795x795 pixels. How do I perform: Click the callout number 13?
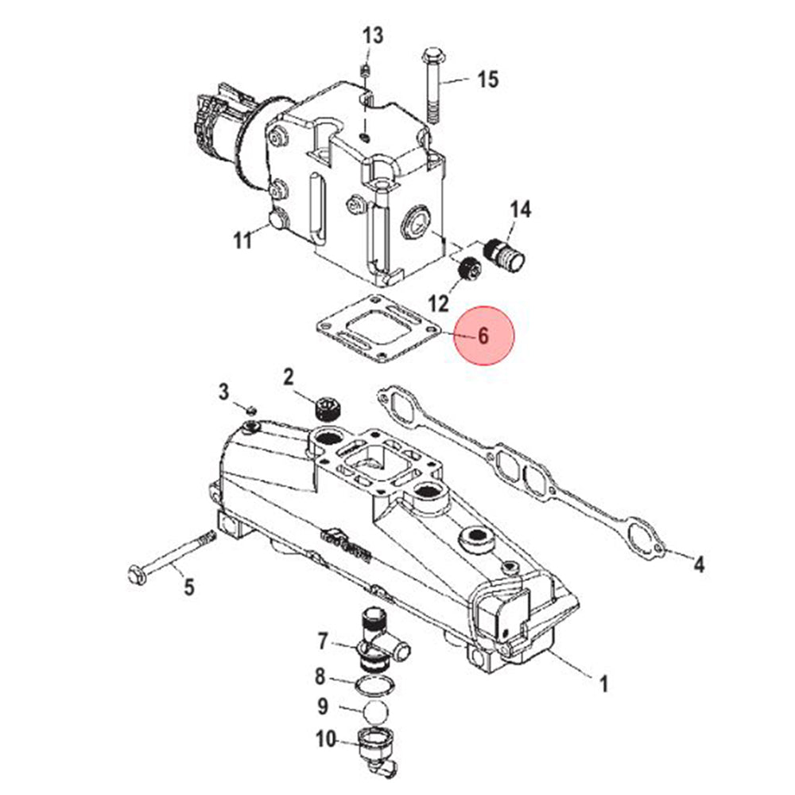click(373, 36)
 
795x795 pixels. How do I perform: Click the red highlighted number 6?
click(484, 335)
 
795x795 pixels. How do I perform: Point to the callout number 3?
click(224, 391)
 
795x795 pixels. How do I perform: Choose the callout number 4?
click(698, 564)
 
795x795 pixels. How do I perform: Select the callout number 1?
click(603, 683)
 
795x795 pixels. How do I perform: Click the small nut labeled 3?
click(250, 410)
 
